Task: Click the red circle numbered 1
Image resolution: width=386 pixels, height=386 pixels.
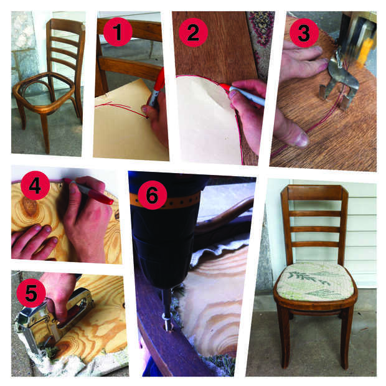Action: click(118, 32)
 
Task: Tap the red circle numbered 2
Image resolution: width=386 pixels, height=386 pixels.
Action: click(193, 32)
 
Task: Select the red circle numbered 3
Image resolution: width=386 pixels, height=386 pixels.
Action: click(304, 33)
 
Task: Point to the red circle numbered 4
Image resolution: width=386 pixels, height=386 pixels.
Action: click(35, 186)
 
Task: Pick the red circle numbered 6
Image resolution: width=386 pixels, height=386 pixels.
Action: click(153, 195)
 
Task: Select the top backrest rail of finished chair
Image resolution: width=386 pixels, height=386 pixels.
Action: click(314, 192)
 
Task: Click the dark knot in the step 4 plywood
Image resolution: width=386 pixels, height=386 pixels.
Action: click(30, 208)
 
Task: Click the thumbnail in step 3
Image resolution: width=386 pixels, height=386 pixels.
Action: click(301, 139)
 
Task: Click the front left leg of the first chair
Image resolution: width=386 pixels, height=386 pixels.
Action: click(45, 133)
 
